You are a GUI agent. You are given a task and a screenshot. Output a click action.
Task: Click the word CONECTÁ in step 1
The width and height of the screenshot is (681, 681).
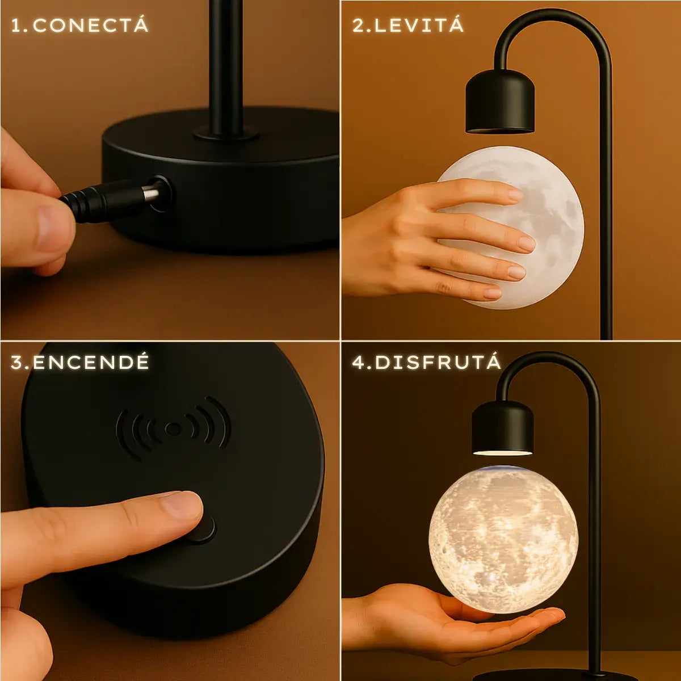(91, 26)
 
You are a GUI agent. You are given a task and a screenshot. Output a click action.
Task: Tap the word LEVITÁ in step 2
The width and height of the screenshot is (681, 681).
(419, 26)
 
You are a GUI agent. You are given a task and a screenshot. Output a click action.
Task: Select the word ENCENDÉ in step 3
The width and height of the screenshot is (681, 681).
(91, 362)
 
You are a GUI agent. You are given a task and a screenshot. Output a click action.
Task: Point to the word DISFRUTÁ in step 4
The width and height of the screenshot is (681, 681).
(438, 362)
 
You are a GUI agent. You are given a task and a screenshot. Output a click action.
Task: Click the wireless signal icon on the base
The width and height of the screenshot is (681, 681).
(173, 428)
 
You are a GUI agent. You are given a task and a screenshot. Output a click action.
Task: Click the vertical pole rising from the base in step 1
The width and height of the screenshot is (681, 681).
(226, 67)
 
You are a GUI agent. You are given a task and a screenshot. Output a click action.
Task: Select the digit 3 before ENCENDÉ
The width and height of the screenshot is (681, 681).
(18, 363)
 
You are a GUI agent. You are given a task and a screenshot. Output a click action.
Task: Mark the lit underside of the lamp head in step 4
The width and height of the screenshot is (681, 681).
(502, 452)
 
